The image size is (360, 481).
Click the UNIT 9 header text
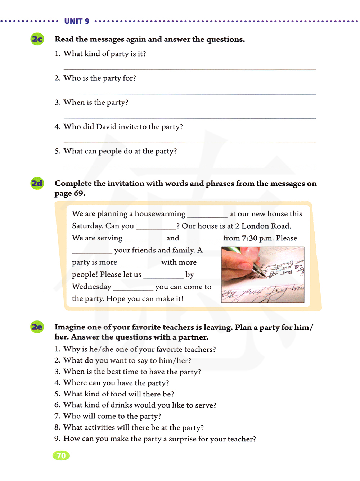(77, 21)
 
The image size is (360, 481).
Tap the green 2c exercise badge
(37, 39)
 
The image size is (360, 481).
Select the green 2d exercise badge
(37, 183)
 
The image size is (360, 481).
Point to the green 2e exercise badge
(37, 327)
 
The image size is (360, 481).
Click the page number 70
(61, 456)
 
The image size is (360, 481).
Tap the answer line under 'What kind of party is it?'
(190, 69)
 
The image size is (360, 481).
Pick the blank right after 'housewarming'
(207, 216)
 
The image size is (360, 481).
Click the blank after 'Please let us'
(163, 277)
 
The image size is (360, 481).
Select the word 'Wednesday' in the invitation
(91, 287)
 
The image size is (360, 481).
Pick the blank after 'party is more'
(139, 264)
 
